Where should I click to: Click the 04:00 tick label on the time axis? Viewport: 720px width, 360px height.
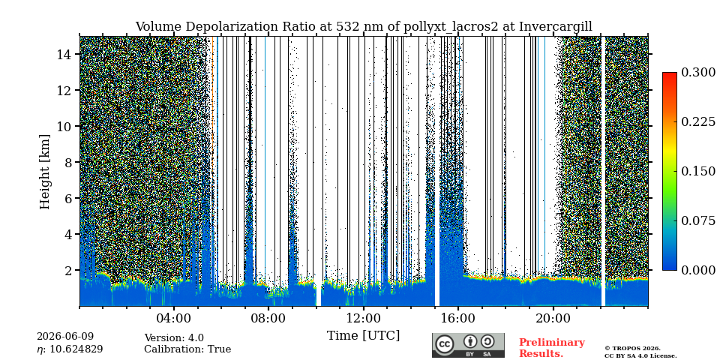point(174,318)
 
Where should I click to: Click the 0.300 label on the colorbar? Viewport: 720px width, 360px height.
point(698,73)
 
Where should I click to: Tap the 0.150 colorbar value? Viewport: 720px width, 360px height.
point(698,171)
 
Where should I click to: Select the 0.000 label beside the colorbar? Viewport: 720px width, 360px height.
point(698,270)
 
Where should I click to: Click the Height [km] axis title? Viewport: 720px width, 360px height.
point(44,172)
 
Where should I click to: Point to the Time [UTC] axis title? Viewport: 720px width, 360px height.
point(363,336)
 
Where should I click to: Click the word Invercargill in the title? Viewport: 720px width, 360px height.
point(556,27)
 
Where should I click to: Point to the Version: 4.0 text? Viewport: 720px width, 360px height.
point(174,338)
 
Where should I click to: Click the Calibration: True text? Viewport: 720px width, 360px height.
point(187,349)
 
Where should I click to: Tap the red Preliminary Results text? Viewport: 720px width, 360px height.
point(552,348)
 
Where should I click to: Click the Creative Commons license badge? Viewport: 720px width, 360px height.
point(468,345)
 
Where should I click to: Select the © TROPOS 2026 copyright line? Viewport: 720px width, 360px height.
point(632,349)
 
